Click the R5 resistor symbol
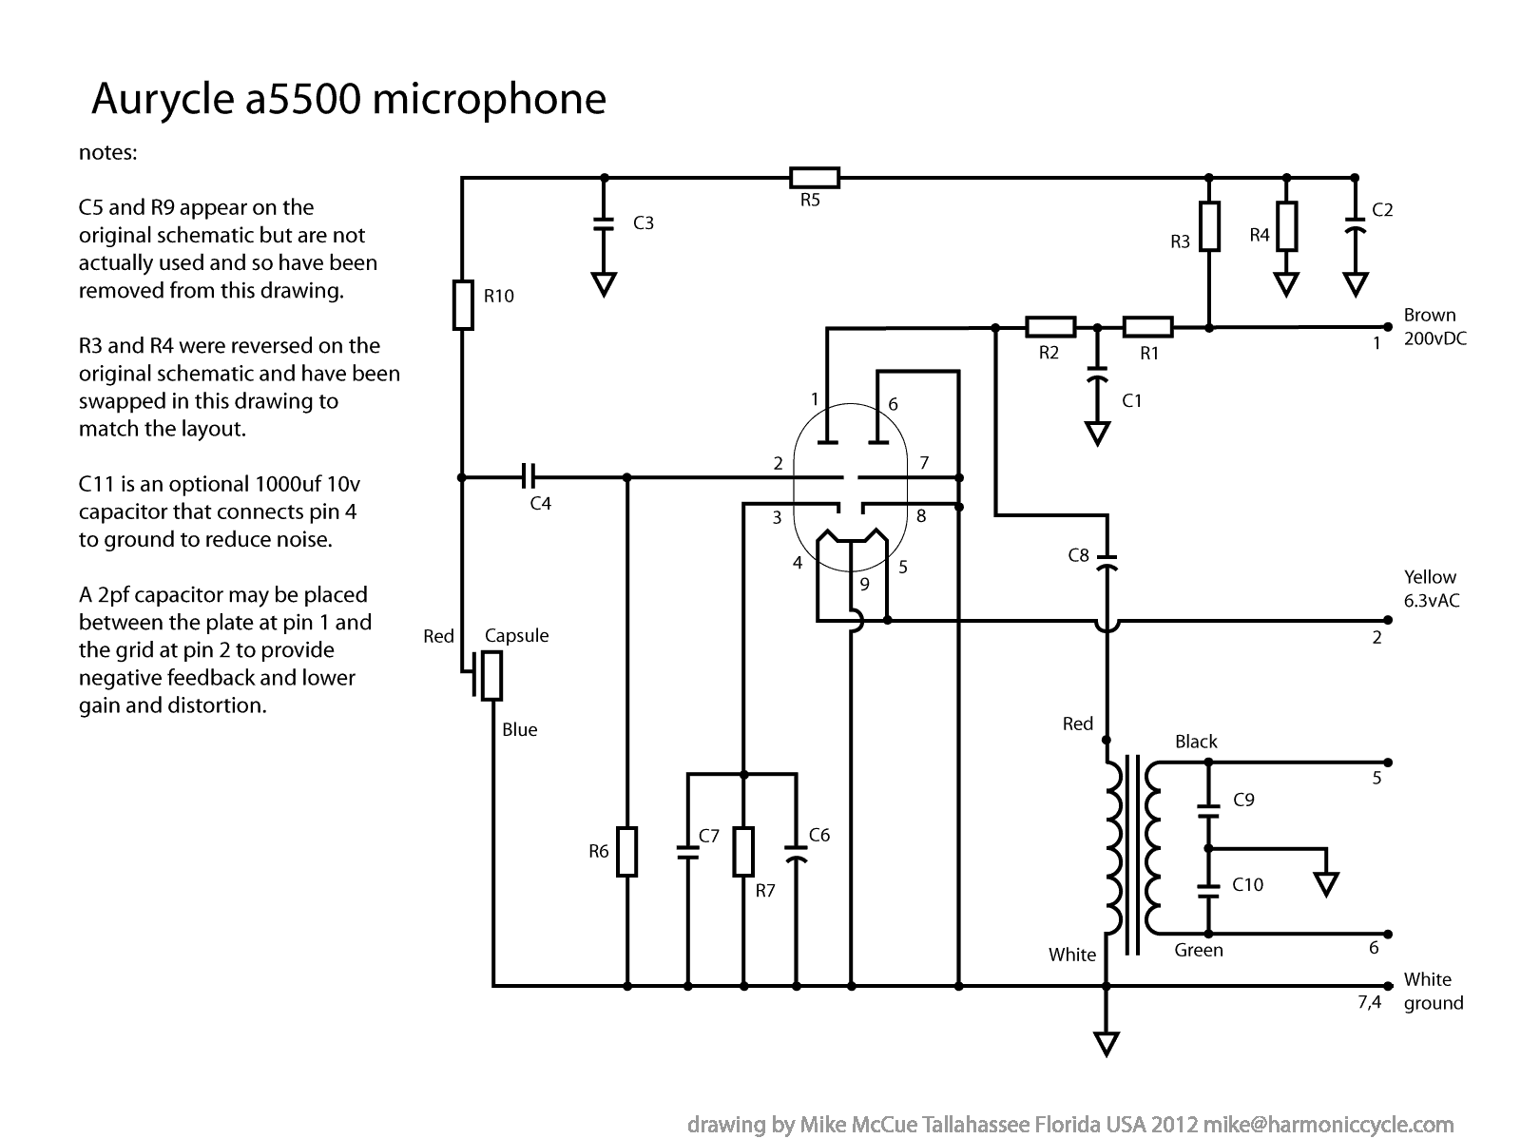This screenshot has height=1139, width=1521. (814, 178)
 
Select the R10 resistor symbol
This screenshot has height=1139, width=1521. (463, 304)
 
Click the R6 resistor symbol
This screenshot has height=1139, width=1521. (627, 851)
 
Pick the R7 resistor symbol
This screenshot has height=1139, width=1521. (744, 851)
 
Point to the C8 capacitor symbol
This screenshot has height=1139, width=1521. (1107, 561)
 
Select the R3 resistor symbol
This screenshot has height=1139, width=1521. (1208, 226)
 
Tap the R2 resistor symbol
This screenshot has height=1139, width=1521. (1050, 328)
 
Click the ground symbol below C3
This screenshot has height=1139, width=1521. (603, 284)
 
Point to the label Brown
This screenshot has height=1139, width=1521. (1429, 316)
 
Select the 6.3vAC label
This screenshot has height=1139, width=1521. (1432, 602)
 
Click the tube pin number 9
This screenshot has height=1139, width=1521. (864, 585)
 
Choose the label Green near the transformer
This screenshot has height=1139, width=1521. (1198, 950)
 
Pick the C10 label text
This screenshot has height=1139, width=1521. (1247, 885)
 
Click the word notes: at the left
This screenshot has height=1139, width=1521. (108, 153)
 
